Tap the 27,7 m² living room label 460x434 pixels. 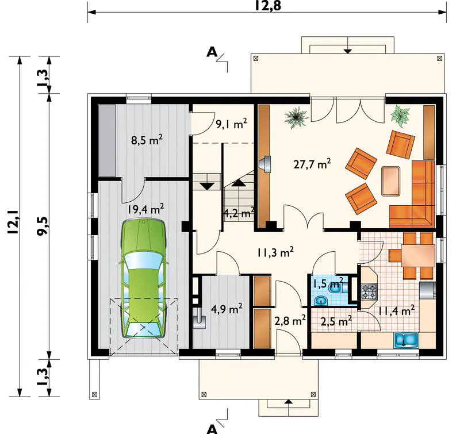[312, 164]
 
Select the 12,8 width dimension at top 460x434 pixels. [268, 6]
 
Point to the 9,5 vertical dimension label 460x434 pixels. [42, 226]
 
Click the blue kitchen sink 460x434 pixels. [407, 340]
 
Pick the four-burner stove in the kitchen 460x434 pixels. [369, 291]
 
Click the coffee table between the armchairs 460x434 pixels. [391, 180]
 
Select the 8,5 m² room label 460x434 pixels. [147, 140]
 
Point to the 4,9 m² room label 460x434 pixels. [227, 309]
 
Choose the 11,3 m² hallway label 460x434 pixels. [275, 252]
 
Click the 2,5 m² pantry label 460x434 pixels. [336, 321]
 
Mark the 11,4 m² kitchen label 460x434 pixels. [396, 310]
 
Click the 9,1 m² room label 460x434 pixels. [231, 124]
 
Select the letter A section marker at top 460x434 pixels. [212, 52]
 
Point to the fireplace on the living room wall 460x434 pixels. [265, 164]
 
